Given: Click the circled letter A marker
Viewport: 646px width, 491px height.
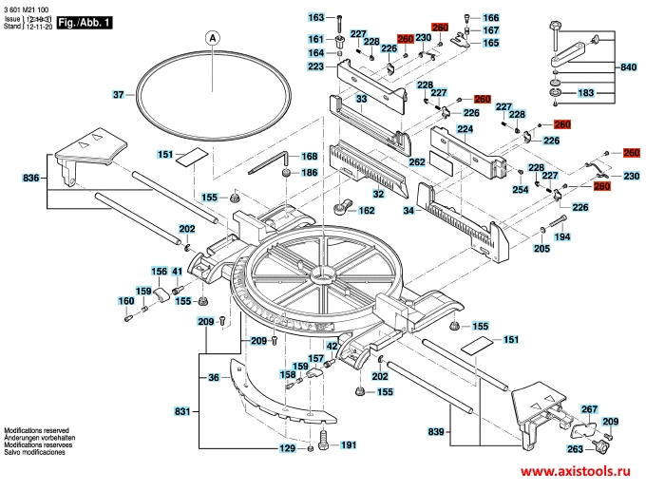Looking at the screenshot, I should [x=212, y=38].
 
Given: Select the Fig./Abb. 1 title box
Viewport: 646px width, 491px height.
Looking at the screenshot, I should [x=83, y=19].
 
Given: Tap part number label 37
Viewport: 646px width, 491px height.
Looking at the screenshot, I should [x=119, y=95].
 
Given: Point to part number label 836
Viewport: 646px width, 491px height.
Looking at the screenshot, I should [x=30, y=178].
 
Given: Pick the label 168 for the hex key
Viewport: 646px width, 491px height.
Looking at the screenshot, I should [x=309, y=157].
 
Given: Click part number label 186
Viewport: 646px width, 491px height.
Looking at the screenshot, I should [x=309, y=173].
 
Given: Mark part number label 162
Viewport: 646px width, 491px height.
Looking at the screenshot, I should [x=366, y=211].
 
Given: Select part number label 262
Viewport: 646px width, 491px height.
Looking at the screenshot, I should [x=416, y=162].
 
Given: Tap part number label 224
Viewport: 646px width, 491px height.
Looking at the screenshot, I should [x=465, y=129].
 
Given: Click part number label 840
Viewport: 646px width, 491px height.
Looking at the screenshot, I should [x=628, y=67].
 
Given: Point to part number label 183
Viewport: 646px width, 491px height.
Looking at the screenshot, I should [x=586, y=93].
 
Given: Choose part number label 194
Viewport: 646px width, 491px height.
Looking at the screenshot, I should [x=562, y=236].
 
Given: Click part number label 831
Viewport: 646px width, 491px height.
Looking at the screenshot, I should [x=183, y=411].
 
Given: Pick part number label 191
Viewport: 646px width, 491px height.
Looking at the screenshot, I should [x=348, y=445].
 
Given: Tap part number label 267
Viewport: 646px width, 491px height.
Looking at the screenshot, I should [x=589, y=407].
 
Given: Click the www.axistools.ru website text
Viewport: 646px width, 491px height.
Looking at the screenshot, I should [x=579, y=472].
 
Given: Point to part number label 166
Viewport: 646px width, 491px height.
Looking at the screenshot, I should [x=489, y=18].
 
